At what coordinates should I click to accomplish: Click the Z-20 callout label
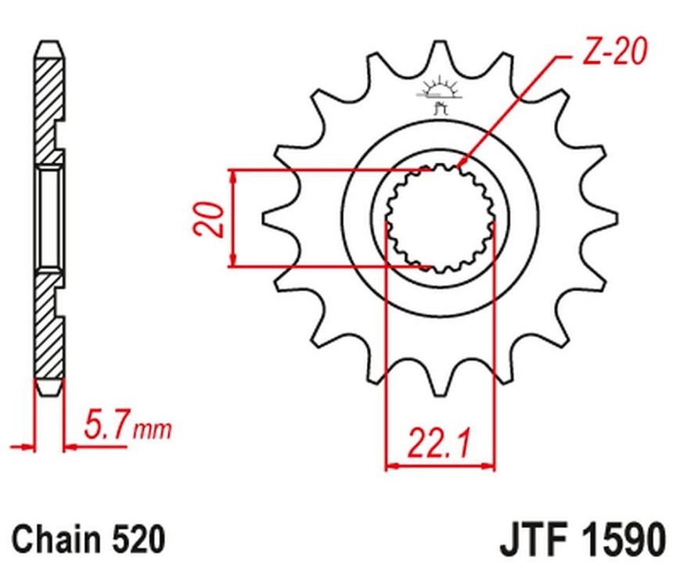point(614,52)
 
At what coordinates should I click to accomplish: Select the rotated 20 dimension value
point(210,219)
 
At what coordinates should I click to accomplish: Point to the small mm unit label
point(153,430)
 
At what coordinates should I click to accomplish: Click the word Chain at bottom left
point(56,539)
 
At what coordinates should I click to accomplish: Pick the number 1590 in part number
point(623,540)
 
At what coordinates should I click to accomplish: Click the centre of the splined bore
point(441,218)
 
